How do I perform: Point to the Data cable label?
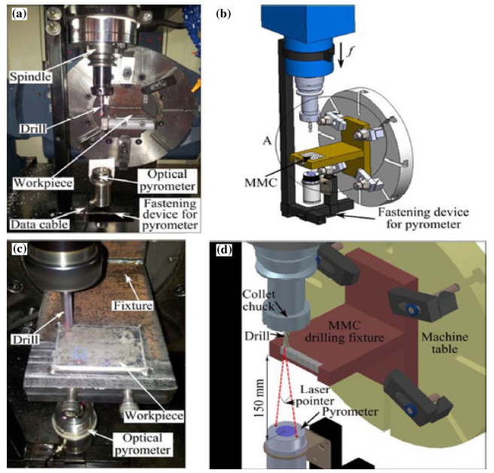[x=38, y=223]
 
